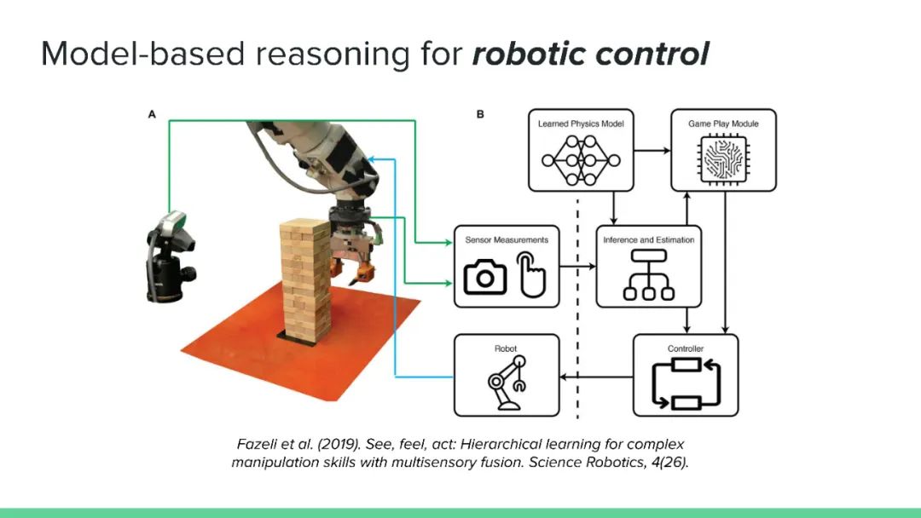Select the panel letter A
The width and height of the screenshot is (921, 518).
click(152, 113)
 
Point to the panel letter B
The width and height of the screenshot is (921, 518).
click(480, 113)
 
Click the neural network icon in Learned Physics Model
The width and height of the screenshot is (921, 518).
click(581, 158)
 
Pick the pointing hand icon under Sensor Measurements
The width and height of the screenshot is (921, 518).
click(531, 273)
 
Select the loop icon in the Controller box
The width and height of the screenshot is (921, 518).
click(686, 383)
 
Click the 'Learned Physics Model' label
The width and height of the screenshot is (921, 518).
click(581, 124)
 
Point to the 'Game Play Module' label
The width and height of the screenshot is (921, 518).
click(723, 124)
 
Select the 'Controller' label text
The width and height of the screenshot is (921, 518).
click(686, 348)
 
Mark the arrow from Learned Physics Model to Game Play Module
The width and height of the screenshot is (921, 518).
click(651, 150)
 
